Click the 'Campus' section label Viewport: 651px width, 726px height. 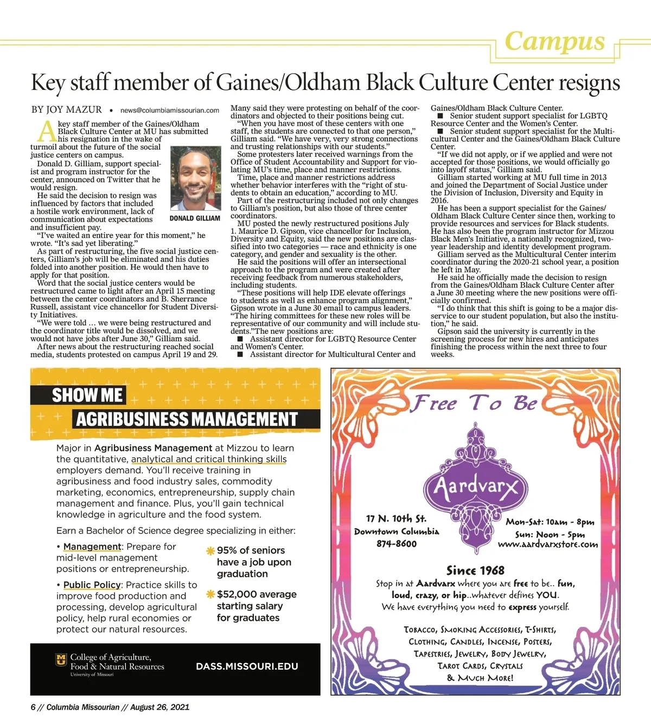[554, 41]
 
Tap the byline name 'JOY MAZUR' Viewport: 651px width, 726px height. [74, 109]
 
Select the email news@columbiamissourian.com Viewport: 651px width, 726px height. [169, 110]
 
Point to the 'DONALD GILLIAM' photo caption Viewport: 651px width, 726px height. [195, 218]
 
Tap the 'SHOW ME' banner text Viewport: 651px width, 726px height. [87, 396]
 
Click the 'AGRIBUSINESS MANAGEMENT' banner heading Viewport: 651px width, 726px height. [187, 419]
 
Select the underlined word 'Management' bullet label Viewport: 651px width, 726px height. [92, 547]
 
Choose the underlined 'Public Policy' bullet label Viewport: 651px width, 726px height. [92, 585]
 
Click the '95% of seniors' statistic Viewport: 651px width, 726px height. [251, 550]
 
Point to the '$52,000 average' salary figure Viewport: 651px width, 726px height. [257, 594]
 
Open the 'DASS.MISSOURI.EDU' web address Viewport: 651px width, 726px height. [247, 666]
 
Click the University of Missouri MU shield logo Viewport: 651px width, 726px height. [61, 660]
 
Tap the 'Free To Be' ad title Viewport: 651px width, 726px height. [474, 403]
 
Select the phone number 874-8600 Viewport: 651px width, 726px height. [397, 543]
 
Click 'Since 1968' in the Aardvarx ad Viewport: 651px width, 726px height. [475, 570]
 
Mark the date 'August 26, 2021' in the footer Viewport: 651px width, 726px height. [160, 707]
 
